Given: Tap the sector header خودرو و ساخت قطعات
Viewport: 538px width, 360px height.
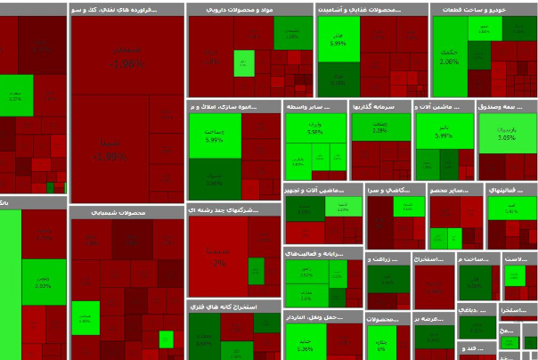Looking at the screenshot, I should [484, 9].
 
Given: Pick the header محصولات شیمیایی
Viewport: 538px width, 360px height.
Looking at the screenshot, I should [126, 213].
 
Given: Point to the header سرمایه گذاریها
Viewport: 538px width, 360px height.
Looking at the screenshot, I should [380, 106].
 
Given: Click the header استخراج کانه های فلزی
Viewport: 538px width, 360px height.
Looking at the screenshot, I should [234, 306].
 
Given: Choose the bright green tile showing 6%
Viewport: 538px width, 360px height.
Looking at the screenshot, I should [381, 342].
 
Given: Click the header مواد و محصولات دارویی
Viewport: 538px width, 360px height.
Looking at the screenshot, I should [250, 9].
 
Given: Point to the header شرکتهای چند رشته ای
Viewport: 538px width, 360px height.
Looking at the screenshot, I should [234, 209].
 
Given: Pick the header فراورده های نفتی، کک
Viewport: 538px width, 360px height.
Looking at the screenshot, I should [126, 9].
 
